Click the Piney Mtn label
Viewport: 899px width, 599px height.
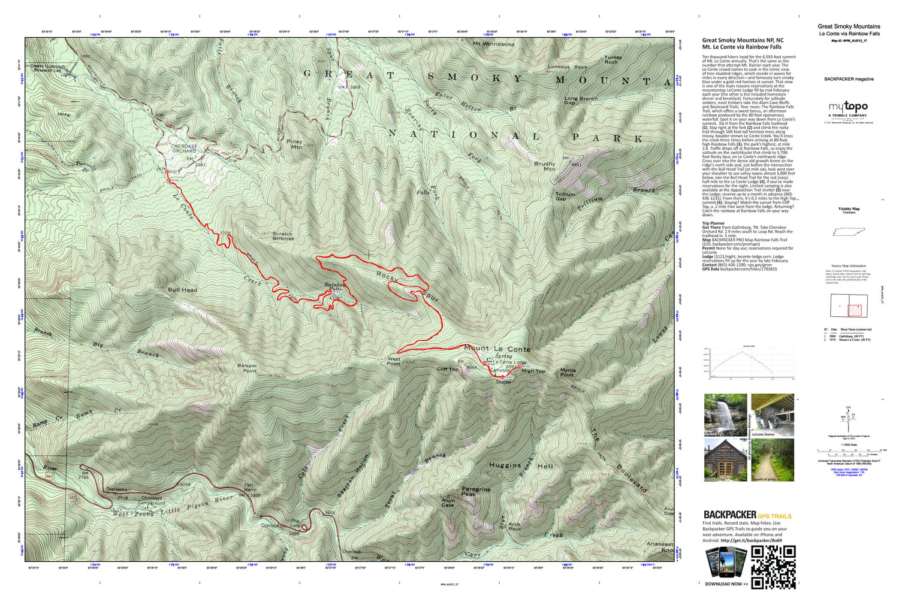coord(295,144)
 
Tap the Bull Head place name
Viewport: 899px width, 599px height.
coord(183,290)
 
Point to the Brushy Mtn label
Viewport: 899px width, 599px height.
coord(545,166)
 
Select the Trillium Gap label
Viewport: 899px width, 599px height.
coord(565,196)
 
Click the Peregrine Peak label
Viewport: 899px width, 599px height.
coord(476,492)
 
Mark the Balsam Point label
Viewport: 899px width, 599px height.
coord(247,368)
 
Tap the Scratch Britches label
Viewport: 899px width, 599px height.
coord(283,236)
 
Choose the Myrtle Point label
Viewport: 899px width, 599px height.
coord(568,373)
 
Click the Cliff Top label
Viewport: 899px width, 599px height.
coord(447,370)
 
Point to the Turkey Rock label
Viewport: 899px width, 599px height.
coord(613,60)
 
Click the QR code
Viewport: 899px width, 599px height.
coord(773,567)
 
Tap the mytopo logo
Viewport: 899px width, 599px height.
coord(848,107)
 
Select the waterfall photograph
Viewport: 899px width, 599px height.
coord(725,415)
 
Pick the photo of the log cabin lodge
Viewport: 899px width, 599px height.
coord(725,460)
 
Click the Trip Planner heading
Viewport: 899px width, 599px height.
coord(714,223)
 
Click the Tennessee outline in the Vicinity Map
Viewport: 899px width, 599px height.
coord(849,232)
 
